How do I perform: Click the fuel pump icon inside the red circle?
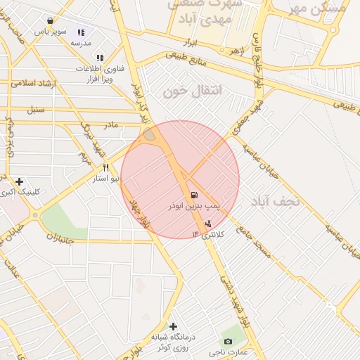click(193, 195)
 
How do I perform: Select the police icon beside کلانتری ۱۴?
click(208, 224)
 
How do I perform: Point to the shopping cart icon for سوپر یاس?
click(51, 21)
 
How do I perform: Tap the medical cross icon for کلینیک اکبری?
click(19, 181)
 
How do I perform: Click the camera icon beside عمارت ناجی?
click(227, 341)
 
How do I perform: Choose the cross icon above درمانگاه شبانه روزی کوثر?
click(173, 326)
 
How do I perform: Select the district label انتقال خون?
click(192, 91)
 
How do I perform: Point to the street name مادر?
click(111, 124)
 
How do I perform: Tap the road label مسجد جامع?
click(254, 243)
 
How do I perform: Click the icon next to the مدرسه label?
click(82, 32)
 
